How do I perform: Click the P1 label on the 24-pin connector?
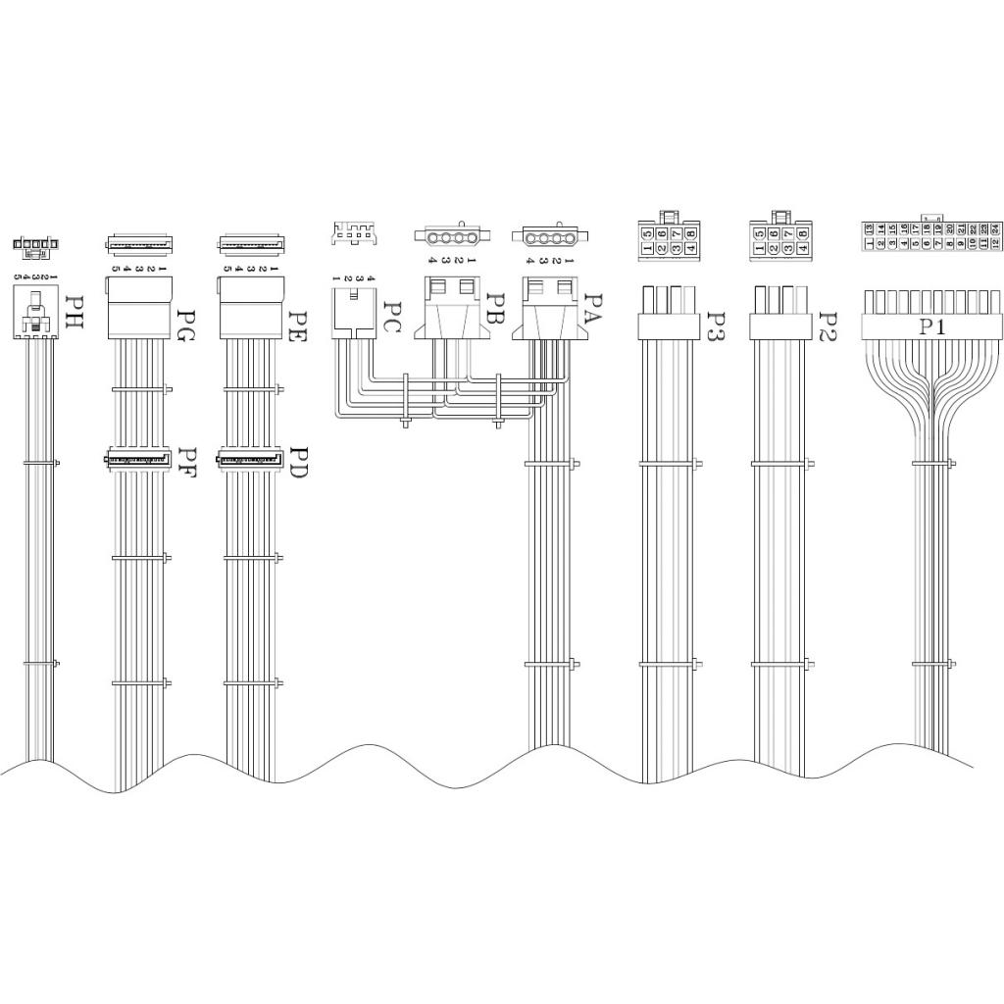932,326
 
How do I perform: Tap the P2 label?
828,326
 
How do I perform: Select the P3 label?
716,326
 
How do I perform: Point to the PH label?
73,312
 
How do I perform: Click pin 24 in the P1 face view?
994,228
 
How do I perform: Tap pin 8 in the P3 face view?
691,234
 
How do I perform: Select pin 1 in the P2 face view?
760,248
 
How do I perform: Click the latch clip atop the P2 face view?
781,215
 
